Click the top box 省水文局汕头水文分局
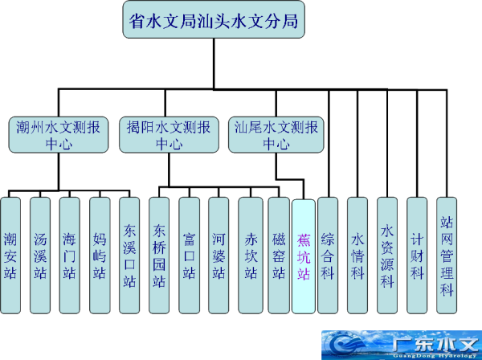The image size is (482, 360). (x=214, y=22)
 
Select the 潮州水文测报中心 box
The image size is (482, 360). (x=58, y=134)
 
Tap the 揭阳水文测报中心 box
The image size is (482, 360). (x=169, y=134)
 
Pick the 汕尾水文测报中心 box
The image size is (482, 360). (x=276, y=134)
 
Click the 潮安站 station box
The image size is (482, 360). (x=11, y=256)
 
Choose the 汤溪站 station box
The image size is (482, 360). (x=40, y=256)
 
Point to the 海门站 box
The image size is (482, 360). (x=70, y=256)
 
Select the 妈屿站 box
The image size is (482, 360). (x=100, y=256)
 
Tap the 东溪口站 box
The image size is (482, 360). (x=129, y=256)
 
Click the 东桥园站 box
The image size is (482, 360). (x=159, y=256)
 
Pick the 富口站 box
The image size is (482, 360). (x=189, y=256)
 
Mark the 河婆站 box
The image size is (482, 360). (x=219, y=256)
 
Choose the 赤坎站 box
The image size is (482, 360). (x=248, y=256)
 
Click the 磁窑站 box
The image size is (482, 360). (x=278, y=256)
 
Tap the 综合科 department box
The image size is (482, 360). (x=328, y=256)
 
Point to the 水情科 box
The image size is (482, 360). (x=357, y=256)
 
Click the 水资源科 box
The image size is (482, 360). (x=387, y=256)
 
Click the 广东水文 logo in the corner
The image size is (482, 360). (x=402, y=345)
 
